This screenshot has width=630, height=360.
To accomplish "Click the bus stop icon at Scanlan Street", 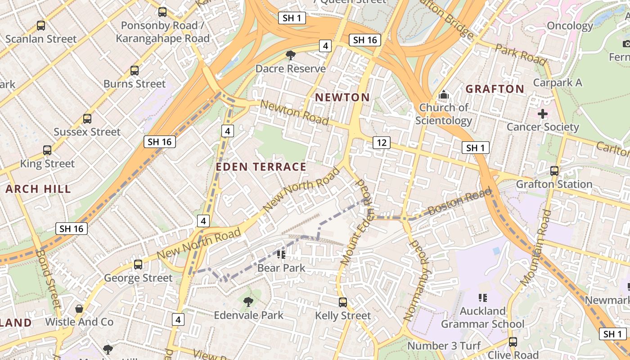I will pyautogui.click(x=41, y=26).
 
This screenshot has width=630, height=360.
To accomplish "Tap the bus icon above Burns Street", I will pyautogui.click(x=134, y=70).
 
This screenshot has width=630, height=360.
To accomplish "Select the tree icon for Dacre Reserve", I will pyautogui.click(x=291, y=55).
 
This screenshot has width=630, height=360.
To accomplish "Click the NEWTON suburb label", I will pyautogui.click(x=342, y=97).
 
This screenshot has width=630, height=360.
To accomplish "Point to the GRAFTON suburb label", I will pyautogui.click(x=495, y=89).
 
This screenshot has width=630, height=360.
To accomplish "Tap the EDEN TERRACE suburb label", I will pyautogui.click(x=261, y=167).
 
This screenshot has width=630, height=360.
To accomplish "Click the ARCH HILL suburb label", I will pyautogui.click(x=38, y=189).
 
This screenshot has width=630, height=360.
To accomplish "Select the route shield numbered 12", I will pyautogui.click(x=382, y=143).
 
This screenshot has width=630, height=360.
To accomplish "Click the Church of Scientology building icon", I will pyautogui.click(x=444, y=95).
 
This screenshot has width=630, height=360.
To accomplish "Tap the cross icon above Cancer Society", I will pyautogui.click(x=543, y=113).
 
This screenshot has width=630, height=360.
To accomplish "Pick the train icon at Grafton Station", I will pyautogui.click(x=554, y=171).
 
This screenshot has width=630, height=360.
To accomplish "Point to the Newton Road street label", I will pyautogui.click(x=294, y=112).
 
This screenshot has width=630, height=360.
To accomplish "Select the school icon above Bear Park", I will pyautogui.click(x=281, y=255).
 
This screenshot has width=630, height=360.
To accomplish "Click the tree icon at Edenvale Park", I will pyautogui.click(x=248, y=302).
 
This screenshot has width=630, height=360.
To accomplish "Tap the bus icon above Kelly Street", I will pyautogui.click(x=343, y=302).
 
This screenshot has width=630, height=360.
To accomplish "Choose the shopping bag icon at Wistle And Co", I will pyautogui.click(x=79, y=309).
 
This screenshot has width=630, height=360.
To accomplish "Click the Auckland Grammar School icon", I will pyautogui.click(x=483, y=298).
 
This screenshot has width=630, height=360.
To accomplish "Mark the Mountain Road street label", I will pyautogui.click(x=535, y=247).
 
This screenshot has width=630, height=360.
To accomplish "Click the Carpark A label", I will pyautogui.click(x=558, y=83).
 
